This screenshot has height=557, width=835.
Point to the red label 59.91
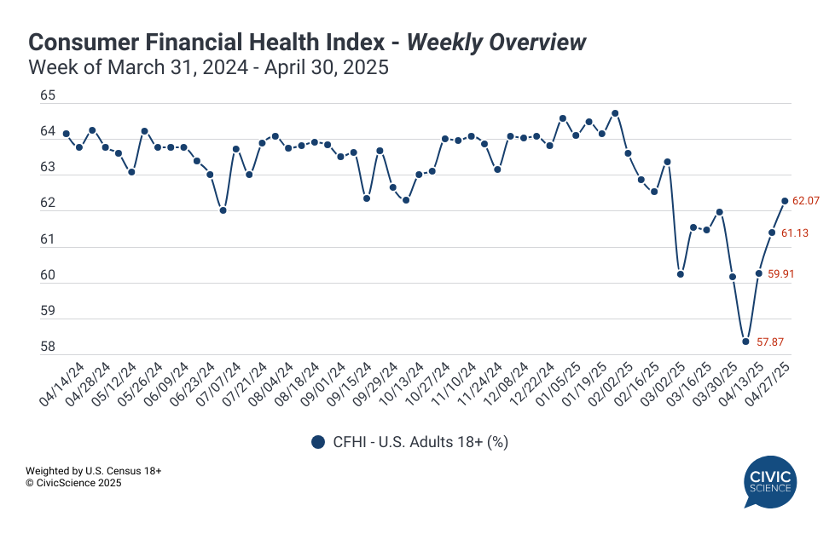781,275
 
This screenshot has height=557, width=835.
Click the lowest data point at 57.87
745,342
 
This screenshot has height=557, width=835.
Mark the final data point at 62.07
785,201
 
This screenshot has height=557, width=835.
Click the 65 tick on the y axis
48,96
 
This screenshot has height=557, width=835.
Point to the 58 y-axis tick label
48,347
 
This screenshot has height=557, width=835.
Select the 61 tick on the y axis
48,239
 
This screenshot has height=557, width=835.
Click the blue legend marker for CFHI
319,441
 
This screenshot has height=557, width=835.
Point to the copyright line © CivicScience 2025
73,483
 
